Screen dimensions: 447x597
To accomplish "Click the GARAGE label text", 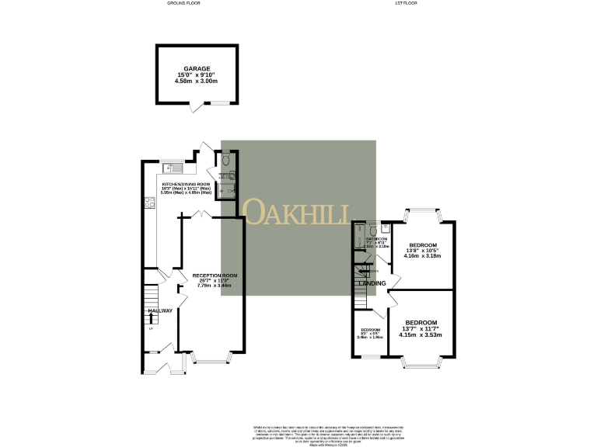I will click(x=193, y=68).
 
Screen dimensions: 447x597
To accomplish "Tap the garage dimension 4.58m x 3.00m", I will click(x=193, y=81).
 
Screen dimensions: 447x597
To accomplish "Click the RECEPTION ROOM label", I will click(x=215, y=275).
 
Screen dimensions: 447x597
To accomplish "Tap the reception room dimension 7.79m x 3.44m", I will click(x=215, y=286).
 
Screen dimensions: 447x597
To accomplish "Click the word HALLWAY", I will click(x=161, y=311).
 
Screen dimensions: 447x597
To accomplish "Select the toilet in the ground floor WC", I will click(x=225, y=161).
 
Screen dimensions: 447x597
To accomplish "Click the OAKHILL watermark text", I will click(x=298, y=212).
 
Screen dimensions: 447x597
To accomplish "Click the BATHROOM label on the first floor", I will click(x=376, y=239).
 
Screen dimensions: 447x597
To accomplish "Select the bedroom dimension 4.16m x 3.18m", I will click(x=423, y=256).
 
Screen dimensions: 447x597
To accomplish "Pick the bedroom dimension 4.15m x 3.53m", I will click(x=422, y=334).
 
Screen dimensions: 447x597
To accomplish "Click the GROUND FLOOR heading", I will click(x=184, y=3).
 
